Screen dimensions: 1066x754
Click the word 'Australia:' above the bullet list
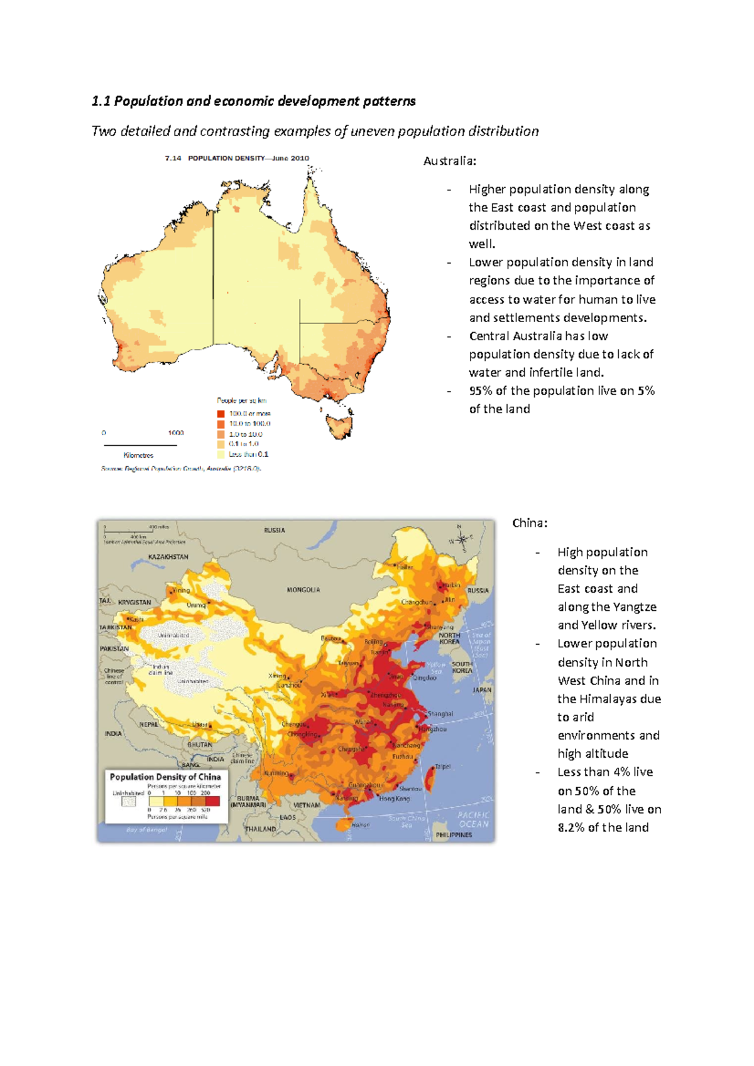pos(449,161)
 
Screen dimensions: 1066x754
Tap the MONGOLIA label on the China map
pos(303,590)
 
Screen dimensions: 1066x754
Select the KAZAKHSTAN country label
pos(168,557)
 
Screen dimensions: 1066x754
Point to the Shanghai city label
pos(440,714)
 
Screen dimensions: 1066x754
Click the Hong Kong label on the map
pos(394,799)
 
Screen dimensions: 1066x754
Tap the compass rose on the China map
pos(462,539)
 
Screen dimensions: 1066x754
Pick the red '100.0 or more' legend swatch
pos(221,414)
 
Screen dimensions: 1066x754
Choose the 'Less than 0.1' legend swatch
pos(221,454)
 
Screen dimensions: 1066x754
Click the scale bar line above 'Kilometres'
pos(139,445)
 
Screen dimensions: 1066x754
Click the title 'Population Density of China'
pos(165,777)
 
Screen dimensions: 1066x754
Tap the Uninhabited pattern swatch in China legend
pos(128,802)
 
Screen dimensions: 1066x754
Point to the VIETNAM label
pos(306,805)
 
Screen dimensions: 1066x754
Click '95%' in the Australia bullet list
pos(481,390)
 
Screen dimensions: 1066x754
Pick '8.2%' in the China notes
pos(571,827)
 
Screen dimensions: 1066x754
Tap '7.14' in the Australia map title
pos(173,158)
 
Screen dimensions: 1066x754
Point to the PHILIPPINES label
pos(454,835)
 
